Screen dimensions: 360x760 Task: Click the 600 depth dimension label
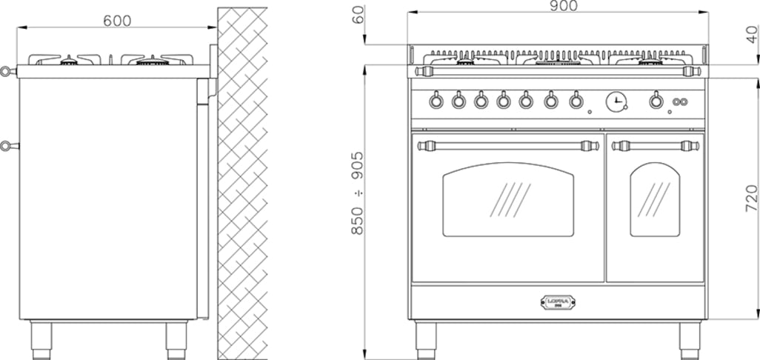click(x=117, y=21)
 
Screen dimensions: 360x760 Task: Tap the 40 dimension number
click(x=752, y=34)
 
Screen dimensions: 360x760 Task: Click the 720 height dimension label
click(x=750, y=199)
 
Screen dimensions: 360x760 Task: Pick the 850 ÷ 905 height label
click(x=358, y=193)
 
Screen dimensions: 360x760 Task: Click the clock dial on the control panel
click(x=616, y=101)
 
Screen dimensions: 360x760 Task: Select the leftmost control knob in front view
click(x=436, y=100)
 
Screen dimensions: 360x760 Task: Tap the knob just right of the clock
click(x=656, y=101)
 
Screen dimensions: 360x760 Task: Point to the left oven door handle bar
click(x=508, y=145)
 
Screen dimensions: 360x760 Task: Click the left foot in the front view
click(x=426, y=337)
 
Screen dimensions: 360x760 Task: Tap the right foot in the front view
click(x=690, y=337)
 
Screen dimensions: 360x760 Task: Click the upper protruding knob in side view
click(x=7, y=72)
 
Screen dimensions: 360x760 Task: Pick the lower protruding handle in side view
click(x=7, y=145)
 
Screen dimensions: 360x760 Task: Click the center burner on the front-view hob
click(x=558, y=60)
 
